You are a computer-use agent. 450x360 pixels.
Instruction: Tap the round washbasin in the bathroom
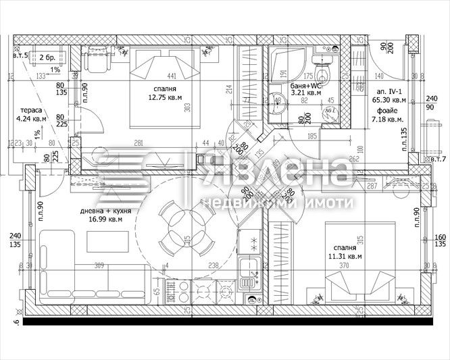pos(278,103)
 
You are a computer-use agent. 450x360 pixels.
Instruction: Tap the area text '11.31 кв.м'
pos(345,257)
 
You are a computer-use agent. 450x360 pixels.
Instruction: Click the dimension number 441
pos(172,76)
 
